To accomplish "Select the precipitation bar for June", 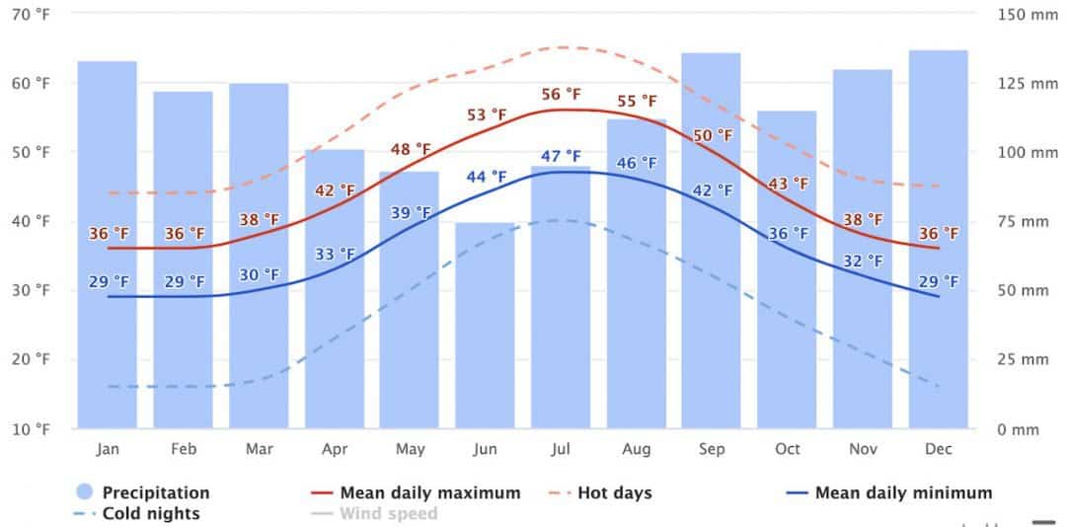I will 485,326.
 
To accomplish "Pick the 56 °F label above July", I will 561,95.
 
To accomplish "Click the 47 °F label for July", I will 561,156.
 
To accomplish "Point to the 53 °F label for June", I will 486,115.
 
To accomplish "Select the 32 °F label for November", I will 863,262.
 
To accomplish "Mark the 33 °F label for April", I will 335,254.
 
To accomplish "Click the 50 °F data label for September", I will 713,135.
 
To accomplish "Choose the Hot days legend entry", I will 613,492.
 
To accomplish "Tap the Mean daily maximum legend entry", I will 429,492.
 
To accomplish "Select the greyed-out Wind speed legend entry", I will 388,513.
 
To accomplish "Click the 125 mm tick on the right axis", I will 1027,84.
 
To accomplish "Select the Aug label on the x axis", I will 637,449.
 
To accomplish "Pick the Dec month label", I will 938,449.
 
